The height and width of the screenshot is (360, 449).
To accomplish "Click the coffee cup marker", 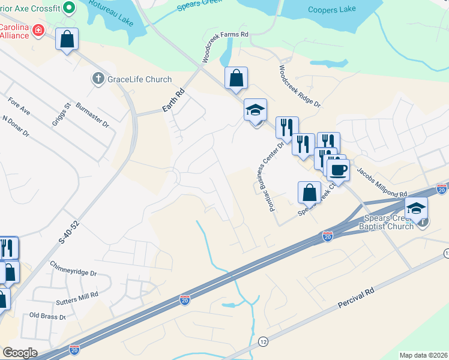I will coord(338,170).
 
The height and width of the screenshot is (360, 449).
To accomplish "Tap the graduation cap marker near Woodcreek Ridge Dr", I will coord(255,110).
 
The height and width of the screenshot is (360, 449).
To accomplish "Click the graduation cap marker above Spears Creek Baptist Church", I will coord(416,208).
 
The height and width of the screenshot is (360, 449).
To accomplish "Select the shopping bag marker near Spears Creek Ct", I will coord(309,193).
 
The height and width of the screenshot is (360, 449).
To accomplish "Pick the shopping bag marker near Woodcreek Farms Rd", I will coord(237,78).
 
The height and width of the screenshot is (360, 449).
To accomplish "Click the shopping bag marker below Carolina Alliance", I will coord(67,40).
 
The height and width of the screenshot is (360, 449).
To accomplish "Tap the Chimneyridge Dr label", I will coord(73,269).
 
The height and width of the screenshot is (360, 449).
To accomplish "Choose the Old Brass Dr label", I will coord(47,315).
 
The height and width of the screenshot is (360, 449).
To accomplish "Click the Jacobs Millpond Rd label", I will coord(382,181).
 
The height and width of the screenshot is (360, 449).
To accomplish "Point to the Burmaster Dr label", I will coord(97,119).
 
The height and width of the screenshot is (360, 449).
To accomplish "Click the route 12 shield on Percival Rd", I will coord(263,341).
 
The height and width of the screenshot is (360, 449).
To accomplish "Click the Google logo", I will coord(19,353).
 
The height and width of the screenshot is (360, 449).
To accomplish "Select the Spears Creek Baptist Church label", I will coord(388,222).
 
